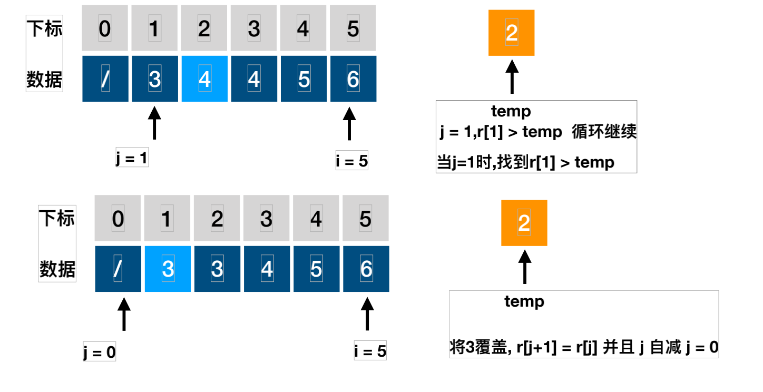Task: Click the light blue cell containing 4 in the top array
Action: [x=204, y=79]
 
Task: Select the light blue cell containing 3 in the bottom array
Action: [x=168, y=269]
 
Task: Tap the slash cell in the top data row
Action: [x=105, y=79]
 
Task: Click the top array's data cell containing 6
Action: [x=353, y=79]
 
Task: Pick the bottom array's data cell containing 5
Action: [x=316, y=269]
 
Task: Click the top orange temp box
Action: [x=512, y=33]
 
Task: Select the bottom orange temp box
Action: [x=524, y=223]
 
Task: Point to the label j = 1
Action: [x=132, y=158]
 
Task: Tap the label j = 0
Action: [x=99, y=352]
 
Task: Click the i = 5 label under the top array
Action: [x=352, y=161]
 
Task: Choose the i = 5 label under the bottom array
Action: [x=370, y=351]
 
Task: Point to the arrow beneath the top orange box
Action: [x=512, y=77]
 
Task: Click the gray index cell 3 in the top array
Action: [x=254, y=28]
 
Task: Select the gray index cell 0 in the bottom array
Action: [x=118, y=218]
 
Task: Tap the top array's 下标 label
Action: [x=45, y=28]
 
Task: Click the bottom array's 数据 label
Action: [x=57, y=269]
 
